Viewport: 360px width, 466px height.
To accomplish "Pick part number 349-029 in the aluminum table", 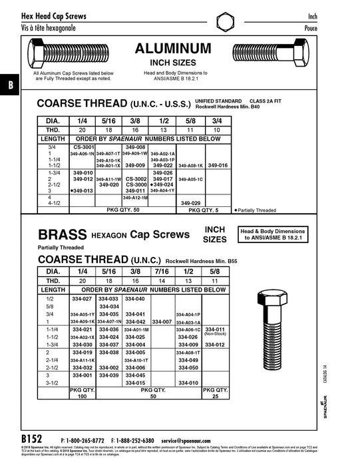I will (190, 202).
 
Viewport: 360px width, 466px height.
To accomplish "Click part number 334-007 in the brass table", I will (162, 322).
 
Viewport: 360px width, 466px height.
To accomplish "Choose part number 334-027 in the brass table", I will (81, 300).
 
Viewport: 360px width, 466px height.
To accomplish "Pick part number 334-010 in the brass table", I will (189, 383).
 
